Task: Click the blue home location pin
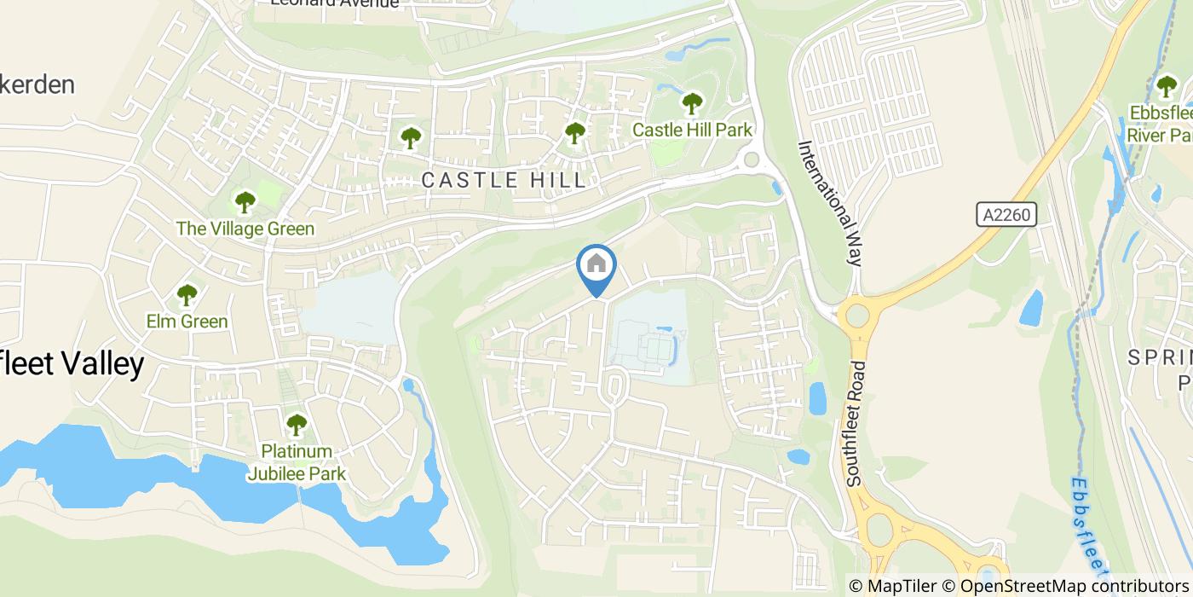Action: point(596,266)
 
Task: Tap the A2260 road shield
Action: point(1006,214)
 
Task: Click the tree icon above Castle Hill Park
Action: point(692,104)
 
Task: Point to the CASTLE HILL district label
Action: point(505,180)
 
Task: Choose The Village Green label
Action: point(245,229)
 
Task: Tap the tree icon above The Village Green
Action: point(245,202)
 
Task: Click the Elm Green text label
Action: point(187,322)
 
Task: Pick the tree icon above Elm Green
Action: point(187,295)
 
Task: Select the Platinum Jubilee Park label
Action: point(296,462)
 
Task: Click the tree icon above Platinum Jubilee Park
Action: point(296,424)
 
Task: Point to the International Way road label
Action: point(830,204)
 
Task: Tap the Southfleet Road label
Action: point(857,424)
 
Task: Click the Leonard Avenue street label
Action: point(334,3)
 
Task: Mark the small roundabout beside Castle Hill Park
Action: point(751,159)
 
